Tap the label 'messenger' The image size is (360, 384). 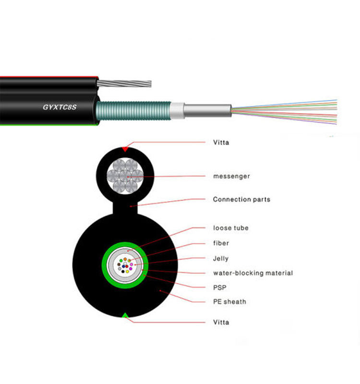pyautogui.click(x=231, y=176)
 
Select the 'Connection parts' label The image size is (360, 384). pyautogui.click(x=241, y=199)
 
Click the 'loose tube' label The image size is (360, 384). pyautogui.click(x=230, y=228)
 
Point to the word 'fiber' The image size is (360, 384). pyautogui.click(x=221, y=243)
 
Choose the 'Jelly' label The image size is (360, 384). pyautogui.click(x=221, y=258)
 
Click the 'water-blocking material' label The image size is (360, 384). pyautogui.click(x=252, y=273)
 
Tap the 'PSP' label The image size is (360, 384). pyautogui.click(x=219, y=288)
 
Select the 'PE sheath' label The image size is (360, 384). pyautogui.click(x=229, y=301)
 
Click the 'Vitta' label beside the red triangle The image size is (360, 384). pyautogui.click(x=221, y=143)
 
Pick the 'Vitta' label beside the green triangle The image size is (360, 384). pyautogui.click(x=221, y=322)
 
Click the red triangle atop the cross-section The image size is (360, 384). pyautogui.click(x=125, y=148)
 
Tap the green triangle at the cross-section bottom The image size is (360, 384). pyautogui.click(x=125, y=315)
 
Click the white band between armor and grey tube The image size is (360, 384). pyautogui.click(x=179, y=111)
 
